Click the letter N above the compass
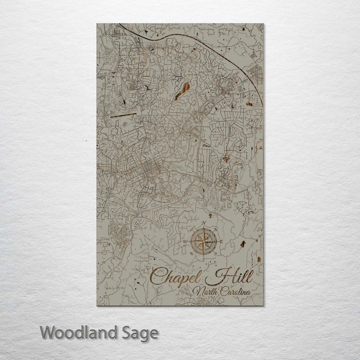click(x=204, y=223)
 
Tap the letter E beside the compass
click(x=222, y=241)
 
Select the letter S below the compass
click(x=203, y=259)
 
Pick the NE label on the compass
click(x=216, y=229)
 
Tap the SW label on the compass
click(x=191, y=253)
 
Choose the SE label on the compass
click(x=216, y=253)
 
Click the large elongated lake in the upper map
click(x=182, y=91)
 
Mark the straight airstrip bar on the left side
click(x=123, y=115)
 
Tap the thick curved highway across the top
click(x=187, y=37)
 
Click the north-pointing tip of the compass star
click(x=203, y=229)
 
